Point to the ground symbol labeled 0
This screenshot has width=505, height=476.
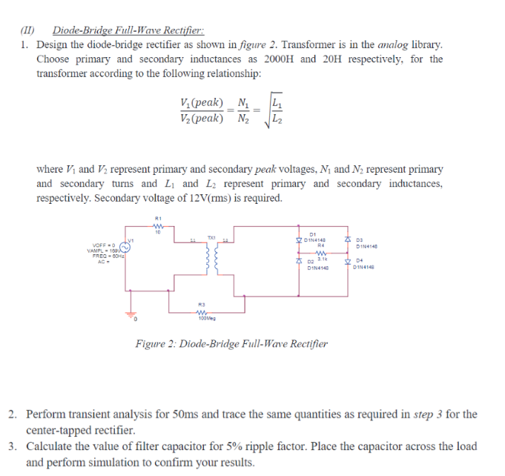pyautogui.click(x=135, y=315)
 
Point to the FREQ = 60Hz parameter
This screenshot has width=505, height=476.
pyautogui.click(x=106, y=256)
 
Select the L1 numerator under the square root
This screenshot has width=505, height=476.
pyautogui.click(x=277, y=102)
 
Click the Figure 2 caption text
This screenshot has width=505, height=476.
pyautogui.click(x=231, y=343)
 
